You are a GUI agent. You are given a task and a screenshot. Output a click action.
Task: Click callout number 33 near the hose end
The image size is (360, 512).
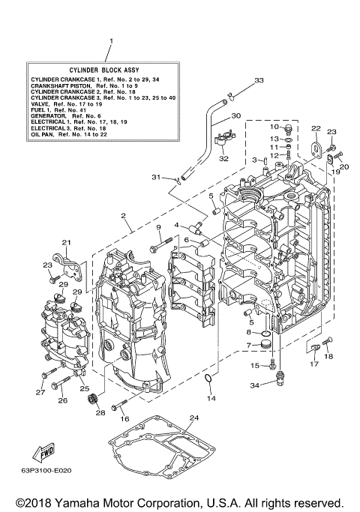pos(258,80)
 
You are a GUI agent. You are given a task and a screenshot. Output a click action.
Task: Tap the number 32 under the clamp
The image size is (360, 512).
pos(223,158)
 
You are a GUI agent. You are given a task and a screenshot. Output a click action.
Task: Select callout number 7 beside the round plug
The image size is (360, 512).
pos(249,346)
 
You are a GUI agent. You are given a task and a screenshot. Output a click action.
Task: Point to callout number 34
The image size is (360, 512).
pos(255,385)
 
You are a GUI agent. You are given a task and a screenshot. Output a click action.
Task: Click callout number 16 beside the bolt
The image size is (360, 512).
pos(124,418)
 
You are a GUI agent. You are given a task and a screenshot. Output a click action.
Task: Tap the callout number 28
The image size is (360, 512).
pos(100,413)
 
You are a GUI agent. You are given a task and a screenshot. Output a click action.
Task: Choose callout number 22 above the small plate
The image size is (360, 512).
pos(316,129)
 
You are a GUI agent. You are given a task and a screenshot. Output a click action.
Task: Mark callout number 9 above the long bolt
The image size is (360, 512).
pos(159,228)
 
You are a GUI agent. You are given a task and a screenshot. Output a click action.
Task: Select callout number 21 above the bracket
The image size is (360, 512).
pos(66,242)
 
